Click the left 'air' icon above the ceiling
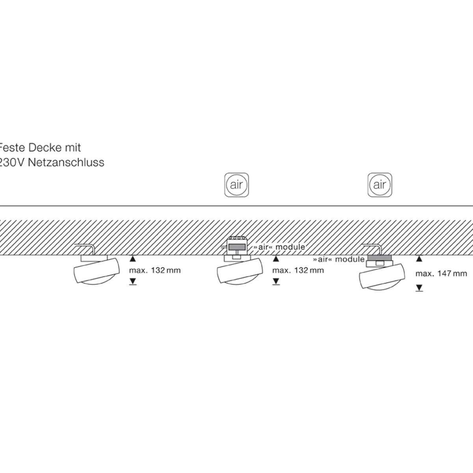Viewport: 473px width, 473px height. (236, 184)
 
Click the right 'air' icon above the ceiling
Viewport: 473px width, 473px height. (380, 184)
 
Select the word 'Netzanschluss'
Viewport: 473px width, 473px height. (66, 162)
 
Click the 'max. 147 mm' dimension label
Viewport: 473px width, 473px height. (441, 274)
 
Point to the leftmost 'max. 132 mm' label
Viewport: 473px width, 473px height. (155, 271)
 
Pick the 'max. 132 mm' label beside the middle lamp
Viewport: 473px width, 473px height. (298, 270)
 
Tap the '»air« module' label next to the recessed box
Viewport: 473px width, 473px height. (279, 247)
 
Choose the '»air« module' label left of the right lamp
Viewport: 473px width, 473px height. (339, 259)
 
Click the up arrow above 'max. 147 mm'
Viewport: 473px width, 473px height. (419, 259)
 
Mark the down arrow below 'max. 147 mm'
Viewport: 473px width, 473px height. (419, 289)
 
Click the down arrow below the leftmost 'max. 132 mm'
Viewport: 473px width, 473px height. (133, 281)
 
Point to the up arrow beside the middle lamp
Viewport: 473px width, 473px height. (276, 259)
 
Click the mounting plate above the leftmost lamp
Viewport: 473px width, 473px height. (94, 258)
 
